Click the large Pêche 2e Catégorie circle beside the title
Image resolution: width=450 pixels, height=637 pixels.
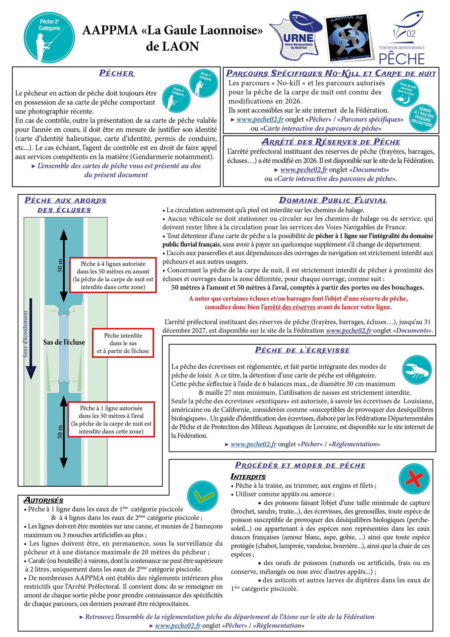(50, 37)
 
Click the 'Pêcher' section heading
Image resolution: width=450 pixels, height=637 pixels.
(116, 73)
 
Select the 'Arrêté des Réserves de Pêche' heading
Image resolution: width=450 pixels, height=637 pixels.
(331, 142)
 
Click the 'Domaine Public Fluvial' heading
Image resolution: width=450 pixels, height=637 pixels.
(333, 200)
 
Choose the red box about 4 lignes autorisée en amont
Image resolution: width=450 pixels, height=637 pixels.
(113, 275)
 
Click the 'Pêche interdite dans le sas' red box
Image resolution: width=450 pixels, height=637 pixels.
(123, 343)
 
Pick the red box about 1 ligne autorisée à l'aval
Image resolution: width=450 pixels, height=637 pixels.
(111, 419)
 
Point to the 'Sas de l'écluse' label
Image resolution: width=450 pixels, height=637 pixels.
(64, 342)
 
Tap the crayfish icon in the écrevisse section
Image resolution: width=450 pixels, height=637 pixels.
(417, 369)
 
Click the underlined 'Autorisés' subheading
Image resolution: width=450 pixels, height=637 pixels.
(43, 500)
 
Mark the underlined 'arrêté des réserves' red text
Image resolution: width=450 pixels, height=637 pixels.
(289, 307)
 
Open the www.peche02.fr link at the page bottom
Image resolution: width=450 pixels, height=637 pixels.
(178, 626)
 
